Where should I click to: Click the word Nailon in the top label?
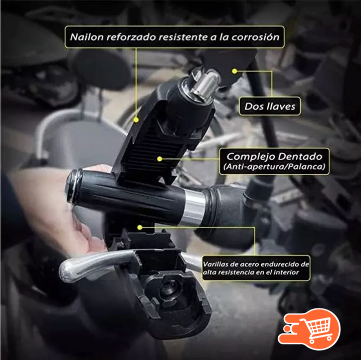tap(87, 37)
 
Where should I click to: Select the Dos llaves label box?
tap(270, 106)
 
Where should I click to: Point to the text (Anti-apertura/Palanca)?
tap(274, 166)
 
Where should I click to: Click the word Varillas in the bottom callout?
tap(215, 264)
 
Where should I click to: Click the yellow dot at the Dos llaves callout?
tap(234, 71)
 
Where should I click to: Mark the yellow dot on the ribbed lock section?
tap(159, 159)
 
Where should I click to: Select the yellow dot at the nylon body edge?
tap(136, 120)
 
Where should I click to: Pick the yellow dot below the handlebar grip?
tap(139, 227)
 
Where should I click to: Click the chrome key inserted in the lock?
tap(206, 85)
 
